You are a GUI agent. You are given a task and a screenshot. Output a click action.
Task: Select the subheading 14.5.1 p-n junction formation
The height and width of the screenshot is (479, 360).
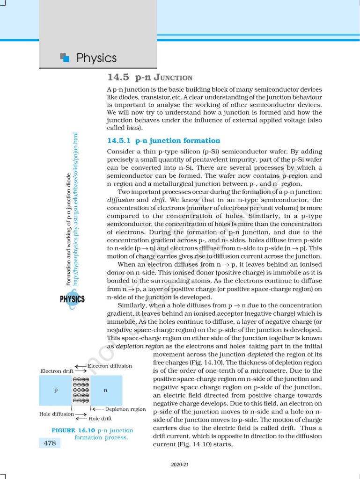coord(163,140)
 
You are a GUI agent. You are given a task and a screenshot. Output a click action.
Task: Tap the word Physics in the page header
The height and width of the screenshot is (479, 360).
coord(96,58)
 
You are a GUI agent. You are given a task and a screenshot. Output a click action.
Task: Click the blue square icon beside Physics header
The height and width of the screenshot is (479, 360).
coord(65,58)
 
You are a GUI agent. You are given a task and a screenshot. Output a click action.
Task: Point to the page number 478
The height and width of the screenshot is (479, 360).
coord(50,443)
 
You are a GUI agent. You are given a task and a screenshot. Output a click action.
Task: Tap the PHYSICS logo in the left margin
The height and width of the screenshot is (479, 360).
coord(72,299)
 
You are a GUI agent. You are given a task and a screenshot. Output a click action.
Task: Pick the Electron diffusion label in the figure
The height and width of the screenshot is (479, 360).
coord(110,366)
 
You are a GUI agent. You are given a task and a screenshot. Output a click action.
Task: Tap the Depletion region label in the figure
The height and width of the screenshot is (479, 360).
coord(125,409)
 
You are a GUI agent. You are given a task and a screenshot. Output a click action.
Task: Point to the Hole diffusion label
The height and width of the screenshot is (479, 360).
coord(57,414)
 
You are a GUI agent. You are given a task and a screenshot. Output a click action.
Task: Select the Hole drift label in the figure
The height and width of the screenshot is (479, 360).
coord(100,419)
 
